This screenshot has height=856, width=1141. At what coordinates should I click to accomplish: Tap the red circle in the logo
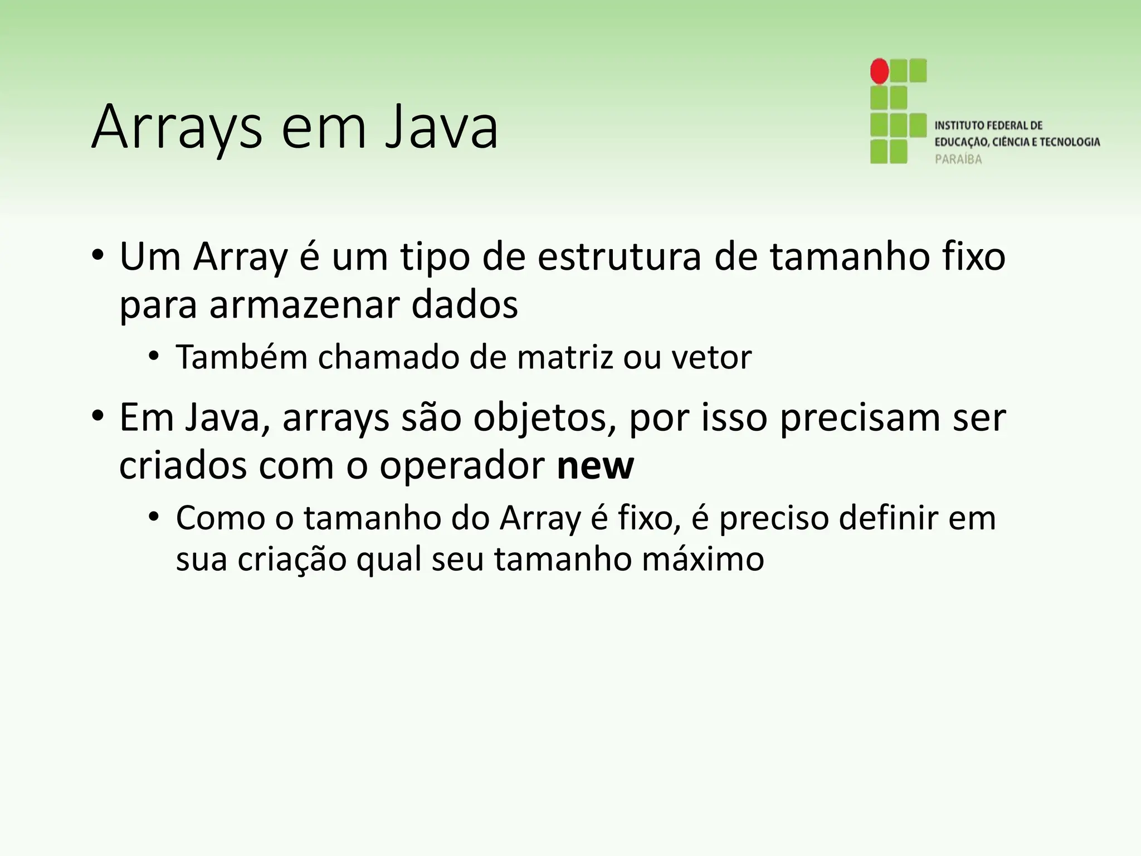coord(879,71)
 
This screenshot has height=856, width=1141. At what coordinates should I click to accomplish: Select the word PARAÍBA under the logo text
coord(958,159)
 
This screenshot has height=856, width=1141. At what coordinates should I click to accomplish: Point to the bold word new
coord(595,466)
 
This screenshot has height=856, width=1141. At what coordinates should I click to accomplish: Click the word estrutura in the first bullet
coord(619,257)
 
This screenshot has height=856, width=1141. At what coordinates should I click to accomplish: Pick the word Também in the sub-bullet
coord(241,357)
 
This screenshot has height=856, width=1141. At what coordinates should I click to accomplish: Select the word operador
coord(462,467)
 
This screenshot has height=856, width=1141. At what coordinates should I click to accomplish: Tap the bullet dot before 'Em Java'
coord(98,417)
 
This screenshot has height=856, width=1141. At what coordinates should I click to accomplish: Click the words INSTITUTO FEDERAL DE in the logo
coord(988,126)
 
